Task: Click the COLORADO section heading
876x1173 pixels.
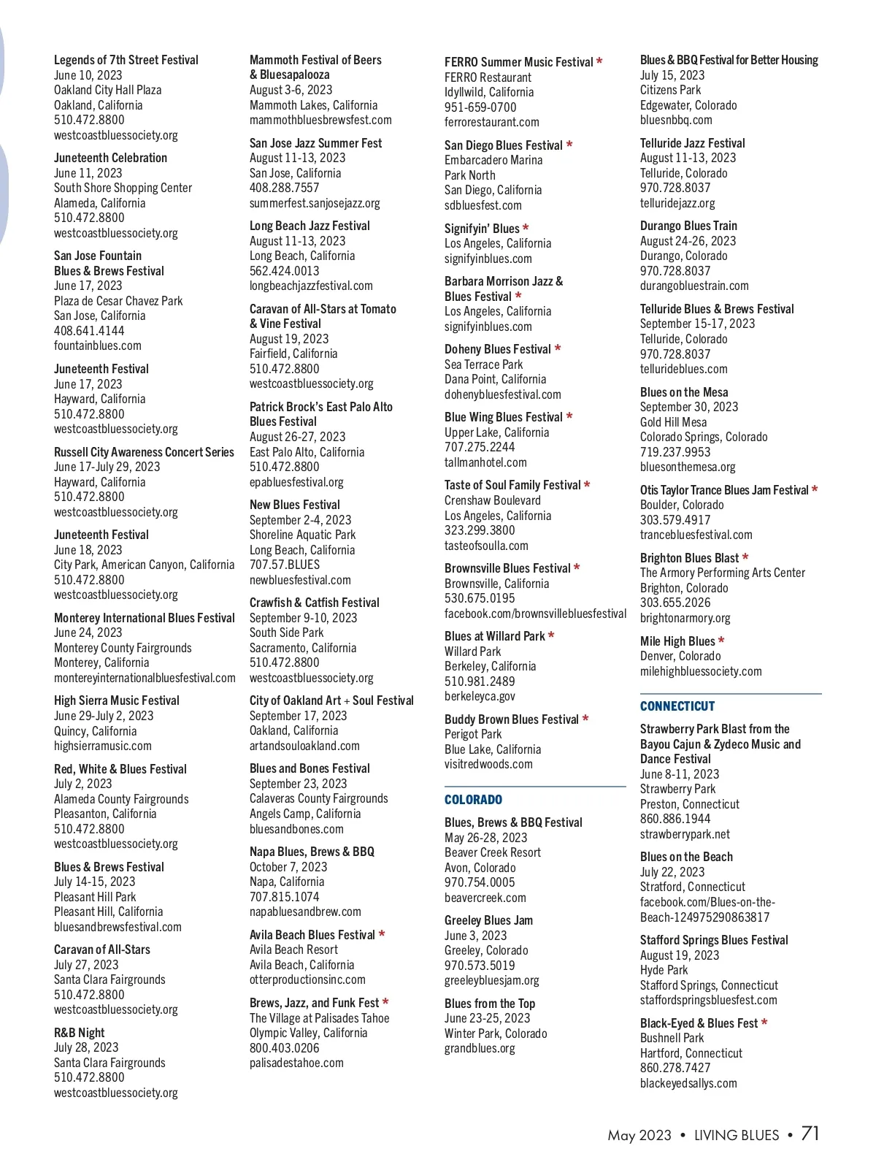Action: pyautogui.click(x=473, y=800)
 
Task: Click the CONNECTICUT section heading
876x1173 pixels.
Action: pyautogui.click(x=677, y=706)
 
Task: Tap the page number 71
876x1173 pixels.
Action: pyautogui.click(x=810, y=1134)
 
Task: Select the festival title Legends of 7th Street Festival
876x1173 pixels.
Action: pyautogui.click(x=126, y=60)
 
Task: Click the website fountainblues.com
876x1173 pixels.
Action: pyautogui.click(x=98, y=345)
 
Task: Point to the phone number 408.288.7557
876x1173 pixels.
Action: pyautogui.click(x=284, y=188)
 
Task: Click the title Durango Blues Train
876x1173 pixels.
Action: pyautogui.click(x=688, y=226)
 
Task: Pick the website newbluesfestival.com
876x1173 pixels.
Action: pyautogui.click(x=300, y=580)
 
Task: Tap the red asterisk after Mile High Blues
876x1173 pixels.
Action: pyautogui.click(x=721, y=641)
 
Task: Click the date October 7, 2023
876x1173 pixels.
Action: pyautogui.click(x=288, y=867)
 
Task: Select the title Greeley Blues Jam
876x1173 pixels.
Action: pyautogui.click(x=488, y=920)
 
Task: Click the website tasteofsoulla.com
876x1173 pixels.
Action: pyautogui.click(x=486, y=546)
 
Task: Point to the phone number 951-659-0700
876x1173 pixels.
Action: pyautogui.click(x=480, y=107)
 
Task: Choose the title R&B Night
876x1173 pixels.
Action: pyautogui.click(x=79, y=1033)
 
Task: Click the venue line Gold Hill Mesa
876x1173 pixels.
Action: pyautogui.click(x=673, y=422)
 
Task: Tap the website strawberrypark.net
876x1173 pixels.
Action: pyautogui.click(x=685, y=834)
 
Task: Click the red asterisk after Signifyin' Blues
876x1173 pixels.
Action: pyautogui.click(x=526, y=229)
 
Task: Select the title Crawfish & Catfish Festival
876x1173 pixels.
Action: pyautogui.click(x=314, y=603)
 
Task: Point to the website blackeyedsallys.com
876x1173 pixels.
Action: pyautogui.click(x=688, y=1083)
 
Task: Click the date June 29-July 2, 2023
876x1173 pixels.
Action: pyautogui.click(x=104, y=716)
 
